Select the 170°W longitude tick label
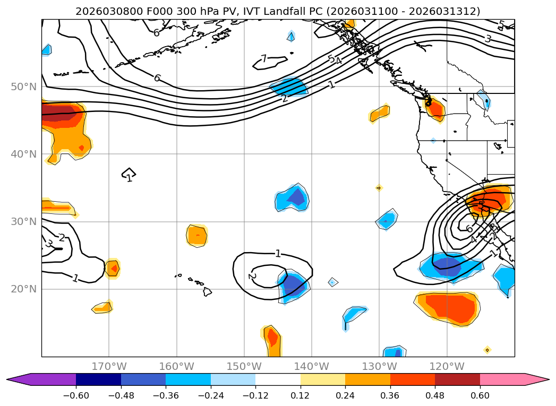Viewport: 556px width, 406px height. pyautogui.click(x=109, y=366)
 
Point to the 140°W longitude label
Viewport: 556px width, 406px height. pyautogui.click(x=311, y=366)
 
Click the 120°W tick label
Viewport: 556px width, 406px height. pyautogui.click(x=447, y=366)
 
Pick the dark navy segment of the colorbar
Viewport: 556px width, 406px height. pyautogui.click(x=98, y=379)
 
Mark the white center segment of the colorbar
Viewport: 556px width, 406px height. pyautogui.click(x=278, y=379)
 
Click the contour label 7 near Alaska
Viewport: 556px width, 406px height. pyautogui.click(x=264, y=59)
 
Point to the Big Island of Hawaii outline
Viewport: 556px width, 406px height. pyautogui.click(x=207, y=291)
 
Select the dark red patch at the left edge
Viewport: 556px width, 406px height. pyautogui.click(x=58, y=113)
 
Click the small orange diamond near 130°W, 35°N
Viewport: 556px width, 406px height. pyautogui.click(x=379, y=187)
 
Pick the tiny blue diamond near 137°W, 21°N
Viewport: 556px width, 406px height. pyautogui.click(x=332, y=282)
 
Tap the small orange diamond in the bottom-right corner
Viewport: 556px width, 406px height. pyautogui.click(x=487, y=350)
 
